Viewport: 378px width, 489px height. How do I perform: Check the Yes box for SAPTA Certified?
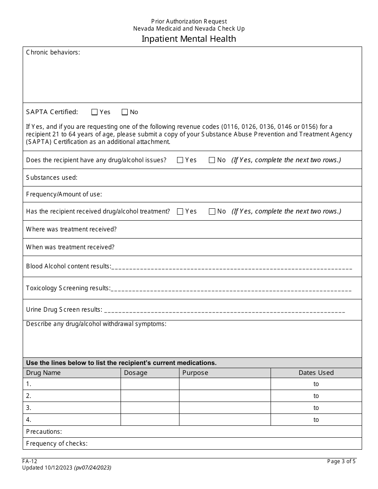point(94,112)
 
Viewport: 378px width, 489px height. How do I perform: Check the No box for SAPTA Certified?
point(125,112)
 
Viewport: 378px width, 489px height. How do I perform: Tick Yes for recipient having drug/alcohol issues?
point(180,160)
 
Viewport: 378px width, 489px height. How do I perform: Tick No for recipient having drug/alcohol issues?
point(212,160)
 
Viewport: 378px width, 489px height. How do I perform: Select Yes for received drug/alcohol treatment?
point(180,212)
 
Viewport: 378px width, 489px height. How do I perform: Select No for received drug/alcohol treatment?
point(212,212)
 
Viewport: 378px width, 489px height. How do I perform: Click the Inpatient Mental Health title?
point(189,39)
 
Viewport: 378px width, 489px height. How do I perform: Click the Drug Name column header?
point(43,373)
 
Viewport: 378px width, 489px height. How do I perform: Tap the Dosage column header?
point(136,373)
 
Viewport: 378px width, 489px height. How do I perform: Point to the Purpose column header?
point(195,373)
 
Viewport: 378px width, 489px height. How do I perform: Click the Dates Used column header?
point(316,373)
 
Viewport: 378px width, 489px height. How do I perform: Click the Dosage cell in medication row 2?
point(150,396)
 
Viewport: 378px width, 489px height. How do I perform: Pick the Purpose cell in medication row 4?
point(225,420)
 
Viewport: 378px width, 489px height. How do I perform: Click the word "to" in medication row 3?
point(316,408)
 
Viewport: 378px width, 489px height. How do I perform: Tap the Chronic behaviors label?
point(53,52)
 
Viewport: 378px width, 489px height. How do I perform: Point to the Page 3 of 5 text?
point(341,462)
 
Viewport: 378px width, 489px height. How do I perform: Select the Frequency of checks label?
point(57,444)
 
